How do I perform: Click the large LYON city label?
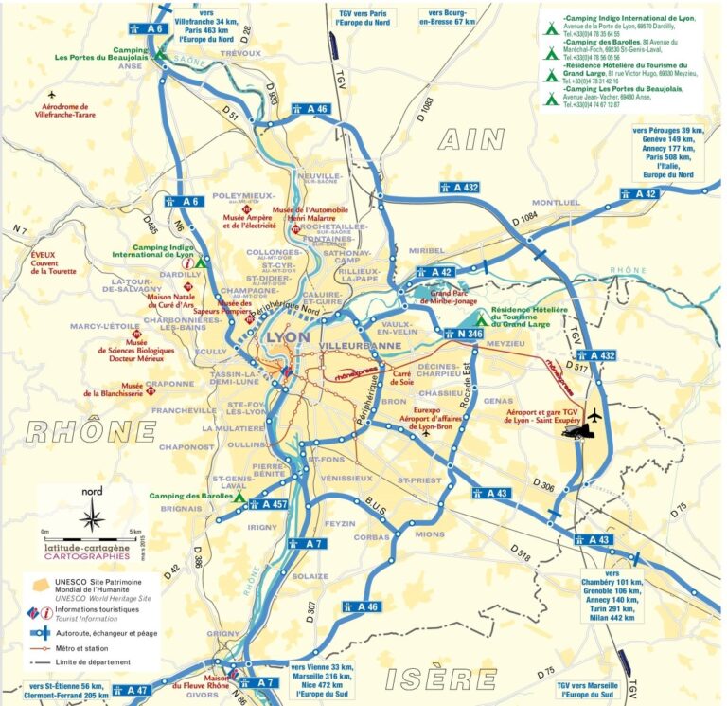pos(290,336)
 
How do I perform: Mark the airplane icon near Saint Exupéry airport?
pos(595,415)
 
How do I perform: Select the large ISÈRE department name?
pos(440,679)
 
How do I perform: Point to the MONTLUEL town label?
pos(555,203)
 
